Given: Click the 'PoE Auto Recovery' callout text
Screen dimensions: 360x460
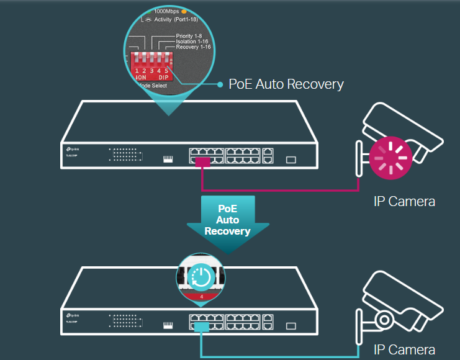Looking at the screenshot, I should click(x=286, y=84).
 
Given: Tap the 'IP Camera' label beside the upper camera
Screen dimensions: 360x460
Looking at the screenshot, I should click(x=404, y=201).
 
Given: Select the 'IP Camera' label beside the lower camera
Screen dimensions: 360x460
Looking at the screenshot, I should click(x=404, y=349).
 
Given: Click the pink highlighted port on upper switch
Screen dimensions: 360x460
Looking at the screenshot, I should click(x=202, y=162).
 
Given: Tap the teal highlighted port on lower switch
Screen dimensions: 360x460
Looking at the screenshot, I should click(x=202, y=326).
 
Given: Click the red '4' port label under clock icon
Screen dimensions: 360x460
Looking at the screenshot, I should click(x=201, y=297).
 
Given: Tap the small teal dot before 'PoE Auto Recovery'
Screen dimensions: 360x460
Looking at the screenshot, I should click(x=220, y=84).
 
